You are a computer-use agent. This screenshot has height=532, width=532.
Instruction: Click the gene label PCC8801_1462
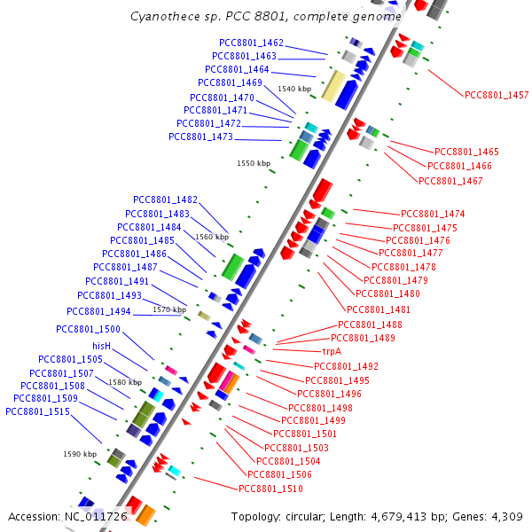pyautogui.click(x=252, y=43)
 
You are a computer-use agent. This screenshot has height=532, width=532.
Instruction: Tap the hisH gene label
pyautogui.click(x=101, y=346)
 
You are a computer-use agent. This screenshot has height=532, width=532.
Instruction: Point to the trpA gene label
pyautogui.click(x=332, y=351)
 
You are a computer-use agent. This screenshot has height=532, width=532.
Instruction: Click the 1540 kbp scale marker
pyautogui.click(x=294, y=89)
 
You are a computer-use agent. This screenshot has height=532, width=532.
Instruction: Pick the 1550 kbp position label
pyautogui.click(x=254, y=163)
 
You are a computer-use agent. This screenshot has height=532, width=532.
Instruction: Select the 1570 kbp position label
pyautogui.click(x=168, y=309)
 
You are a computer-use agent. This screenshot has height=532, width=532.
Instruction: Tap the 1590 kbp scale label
pyautogui.click(x=80, y=454)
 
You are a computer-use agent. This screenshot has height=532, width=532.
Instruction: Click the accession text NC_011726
pyautogui.click(x=96, y=516)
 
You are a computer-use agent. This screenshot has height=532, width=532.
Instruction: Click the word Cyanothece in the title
pyautogui.click(x=162, y=17)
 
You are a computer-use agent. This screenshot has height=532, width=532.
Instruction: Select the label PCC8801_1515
pyautogui.click(x=37, y=411)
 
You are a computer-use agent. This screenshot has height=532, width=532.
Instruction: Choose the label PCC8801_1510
pyautogui.click(x=270, y=489)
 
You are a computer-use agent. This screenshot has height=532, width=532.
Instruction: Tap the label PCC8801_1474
pyautogui.click(x=433, y=214)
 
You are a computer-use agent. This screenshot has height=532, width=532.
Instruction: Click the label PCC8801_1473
pyautogui.click(x=200, y=137)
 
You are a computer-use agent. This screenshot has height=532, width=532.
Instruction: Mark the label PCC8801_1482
pyautogui.click(x=165, y=199)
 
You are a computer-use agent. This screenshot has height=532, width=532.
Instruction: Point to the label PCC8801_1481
pyautogui.click(x=379, y=309)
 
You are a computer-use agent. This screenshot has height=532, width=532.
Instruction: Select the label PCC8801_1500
pyautogui.click(x=88, y=329)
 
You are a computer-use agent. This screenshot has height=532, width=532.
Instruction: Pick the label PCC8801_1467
pyautogui.click(x=450, y=181)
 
